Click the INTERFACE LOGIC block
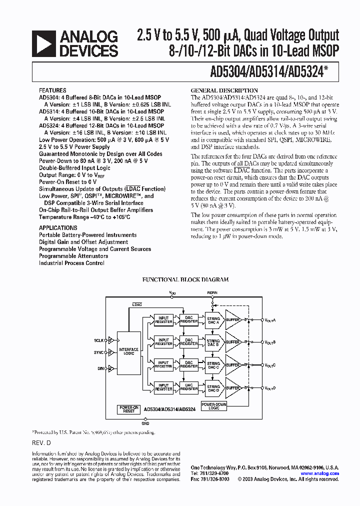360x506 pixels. (x=128, y=352)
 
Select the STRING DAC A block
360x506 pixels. (x=213, y=320)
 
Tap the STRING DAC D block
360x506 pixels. (x=213, y=388)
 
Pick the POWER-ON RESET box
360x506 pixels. (x=128, y=409)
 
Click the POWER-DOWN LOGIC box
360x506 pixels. (x=213, y=405)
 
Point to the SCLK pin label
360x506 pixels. (x=98, y=340)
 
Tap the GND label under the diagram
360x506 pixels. (x=145, y=423)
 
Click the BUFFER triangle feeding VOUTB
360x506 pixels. (x=233, y=342)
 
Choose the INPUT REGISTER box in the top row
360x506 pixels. (x=163, y=319)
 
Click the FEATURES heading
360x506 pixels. (x=52, y=91)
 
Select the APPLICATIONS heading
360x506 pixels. (x=58, y=228)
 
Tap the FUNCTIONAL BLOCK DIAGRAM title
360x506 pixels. (x=185, y=280)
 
